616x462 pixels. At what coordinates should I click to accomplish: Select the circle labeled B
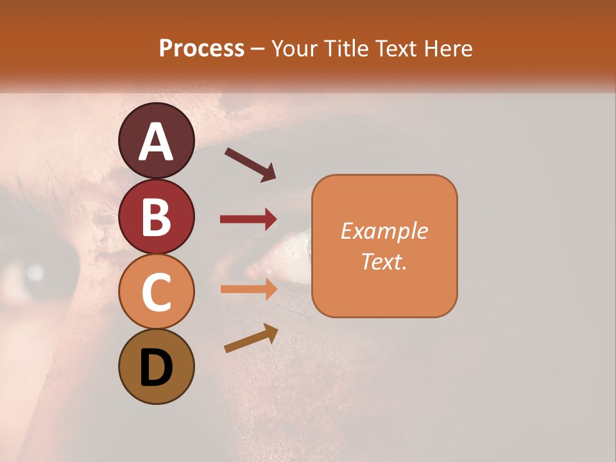[156, 216]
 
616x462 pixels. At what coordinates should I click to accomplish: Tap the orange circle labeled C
[156, 291]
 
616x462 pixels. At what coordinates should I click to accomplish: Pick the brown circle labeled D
[156, 366]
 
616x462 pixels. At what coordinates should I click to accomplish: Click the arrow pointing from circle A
[250, 164]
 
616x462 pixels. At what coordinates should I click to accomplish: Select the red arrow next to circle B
[248, 219]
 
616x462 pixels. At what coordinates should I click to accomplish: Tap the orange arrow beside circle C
[248, 289]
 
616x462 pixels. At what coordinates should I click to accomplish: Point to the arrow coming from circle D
[251, 338]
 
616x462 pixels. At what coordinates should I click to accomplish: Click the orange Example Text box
[384, 246]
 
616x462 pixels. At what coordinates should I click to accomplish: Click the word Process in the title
[201, 49]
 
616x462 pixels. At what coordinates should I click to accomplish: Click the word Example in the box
[384, 231]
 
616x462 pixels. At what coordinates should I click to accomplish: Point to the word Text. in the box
[384, 261]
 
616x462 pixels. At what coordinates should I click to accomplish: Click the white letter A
[156, 142]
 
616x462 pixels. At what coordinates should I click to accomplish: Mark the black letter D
[156, 368]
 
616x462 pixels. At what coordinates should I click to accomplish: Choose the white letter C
[156, 293]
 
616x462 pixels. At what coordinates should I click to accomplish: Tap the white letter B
[156, 218]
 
